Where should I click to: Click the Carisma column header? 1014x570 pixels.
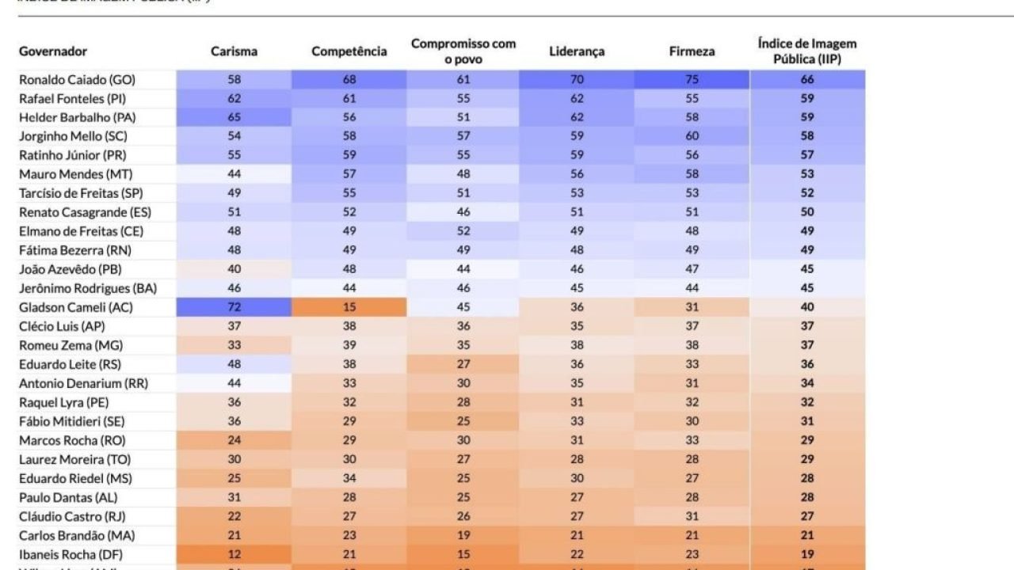(x=234, y=51)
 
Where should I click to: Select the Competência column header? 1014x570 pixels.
(x=349, y=51)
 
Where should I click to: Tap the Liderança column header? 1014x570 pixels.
(x=577, y=51)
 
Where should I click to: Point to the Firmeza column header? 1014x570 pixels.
(x=692, y=51)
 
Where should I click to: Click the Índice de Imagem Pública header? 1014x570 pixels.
(x=806, y=51)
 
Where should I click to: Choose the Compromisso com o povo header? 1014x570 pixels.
(x=463, y=51)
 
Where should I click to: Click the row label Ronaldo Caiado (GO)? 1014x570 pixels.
(x=77, y=80)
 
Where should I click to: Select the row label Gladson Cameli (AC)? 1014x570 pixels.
(x=75, y=307)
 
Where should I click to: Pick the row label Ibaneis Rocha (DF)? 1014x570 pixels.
(x=71, y=554)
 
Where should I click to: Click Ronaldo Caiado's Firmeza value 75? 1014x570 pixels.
(x=692, y=80)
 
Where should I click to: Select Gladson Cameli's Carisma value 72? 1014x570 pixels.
(x=234, y=307)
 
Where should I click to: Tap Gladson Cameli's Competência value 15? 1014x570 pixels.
(x=349, y=307)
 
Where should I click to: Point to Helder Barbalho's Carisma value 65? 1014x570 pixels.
(x=234, y=117)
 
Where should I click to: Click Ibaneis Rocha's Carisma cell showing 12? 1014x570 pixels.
(x=234, y=554)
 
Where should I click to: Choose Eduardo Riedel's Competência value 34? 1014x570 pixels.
(x=349, y=478)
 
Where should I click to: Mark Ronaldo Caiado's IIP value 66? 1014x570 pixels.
(x=806, y=80)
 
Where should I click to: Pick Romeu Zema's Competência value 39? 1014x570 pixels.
(x=349, y=345)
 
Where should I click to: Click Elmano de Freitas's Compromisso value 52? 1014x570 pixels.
(x=463, y=231)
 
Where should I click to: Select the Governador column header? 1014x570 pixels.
(x=53, y=51)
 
